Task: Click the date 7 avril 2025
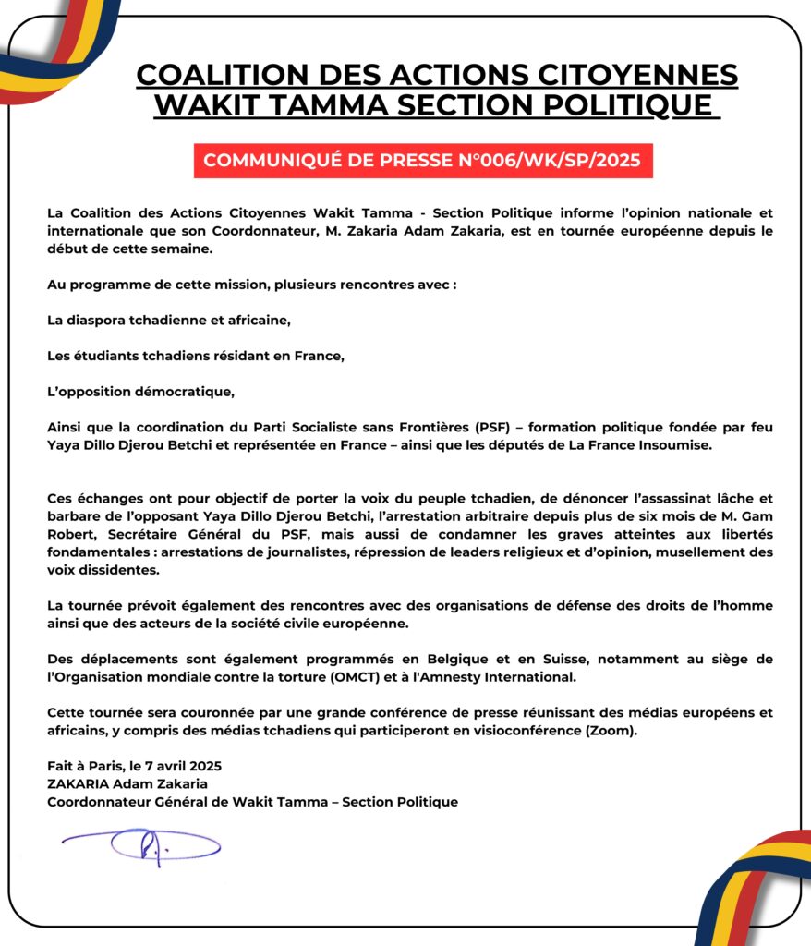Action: pos(180,766)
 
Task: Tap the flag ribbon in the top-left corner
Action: pos(51,46)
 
